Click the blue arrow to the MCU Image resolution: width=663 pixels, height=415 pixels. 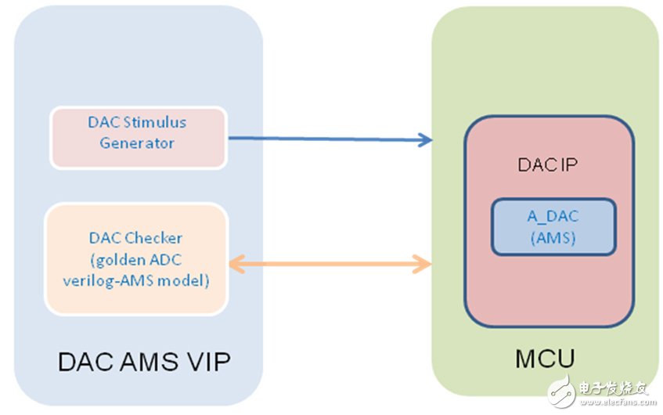click(x=329, y=139)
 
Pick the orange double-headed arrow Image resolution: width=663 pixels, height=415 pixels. click(x=329, y=265)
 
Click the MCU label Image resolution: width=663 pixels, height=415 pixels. click(x=546, y=359)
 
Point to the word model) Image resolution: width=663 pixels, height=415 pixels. click(x=189, y=280)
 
